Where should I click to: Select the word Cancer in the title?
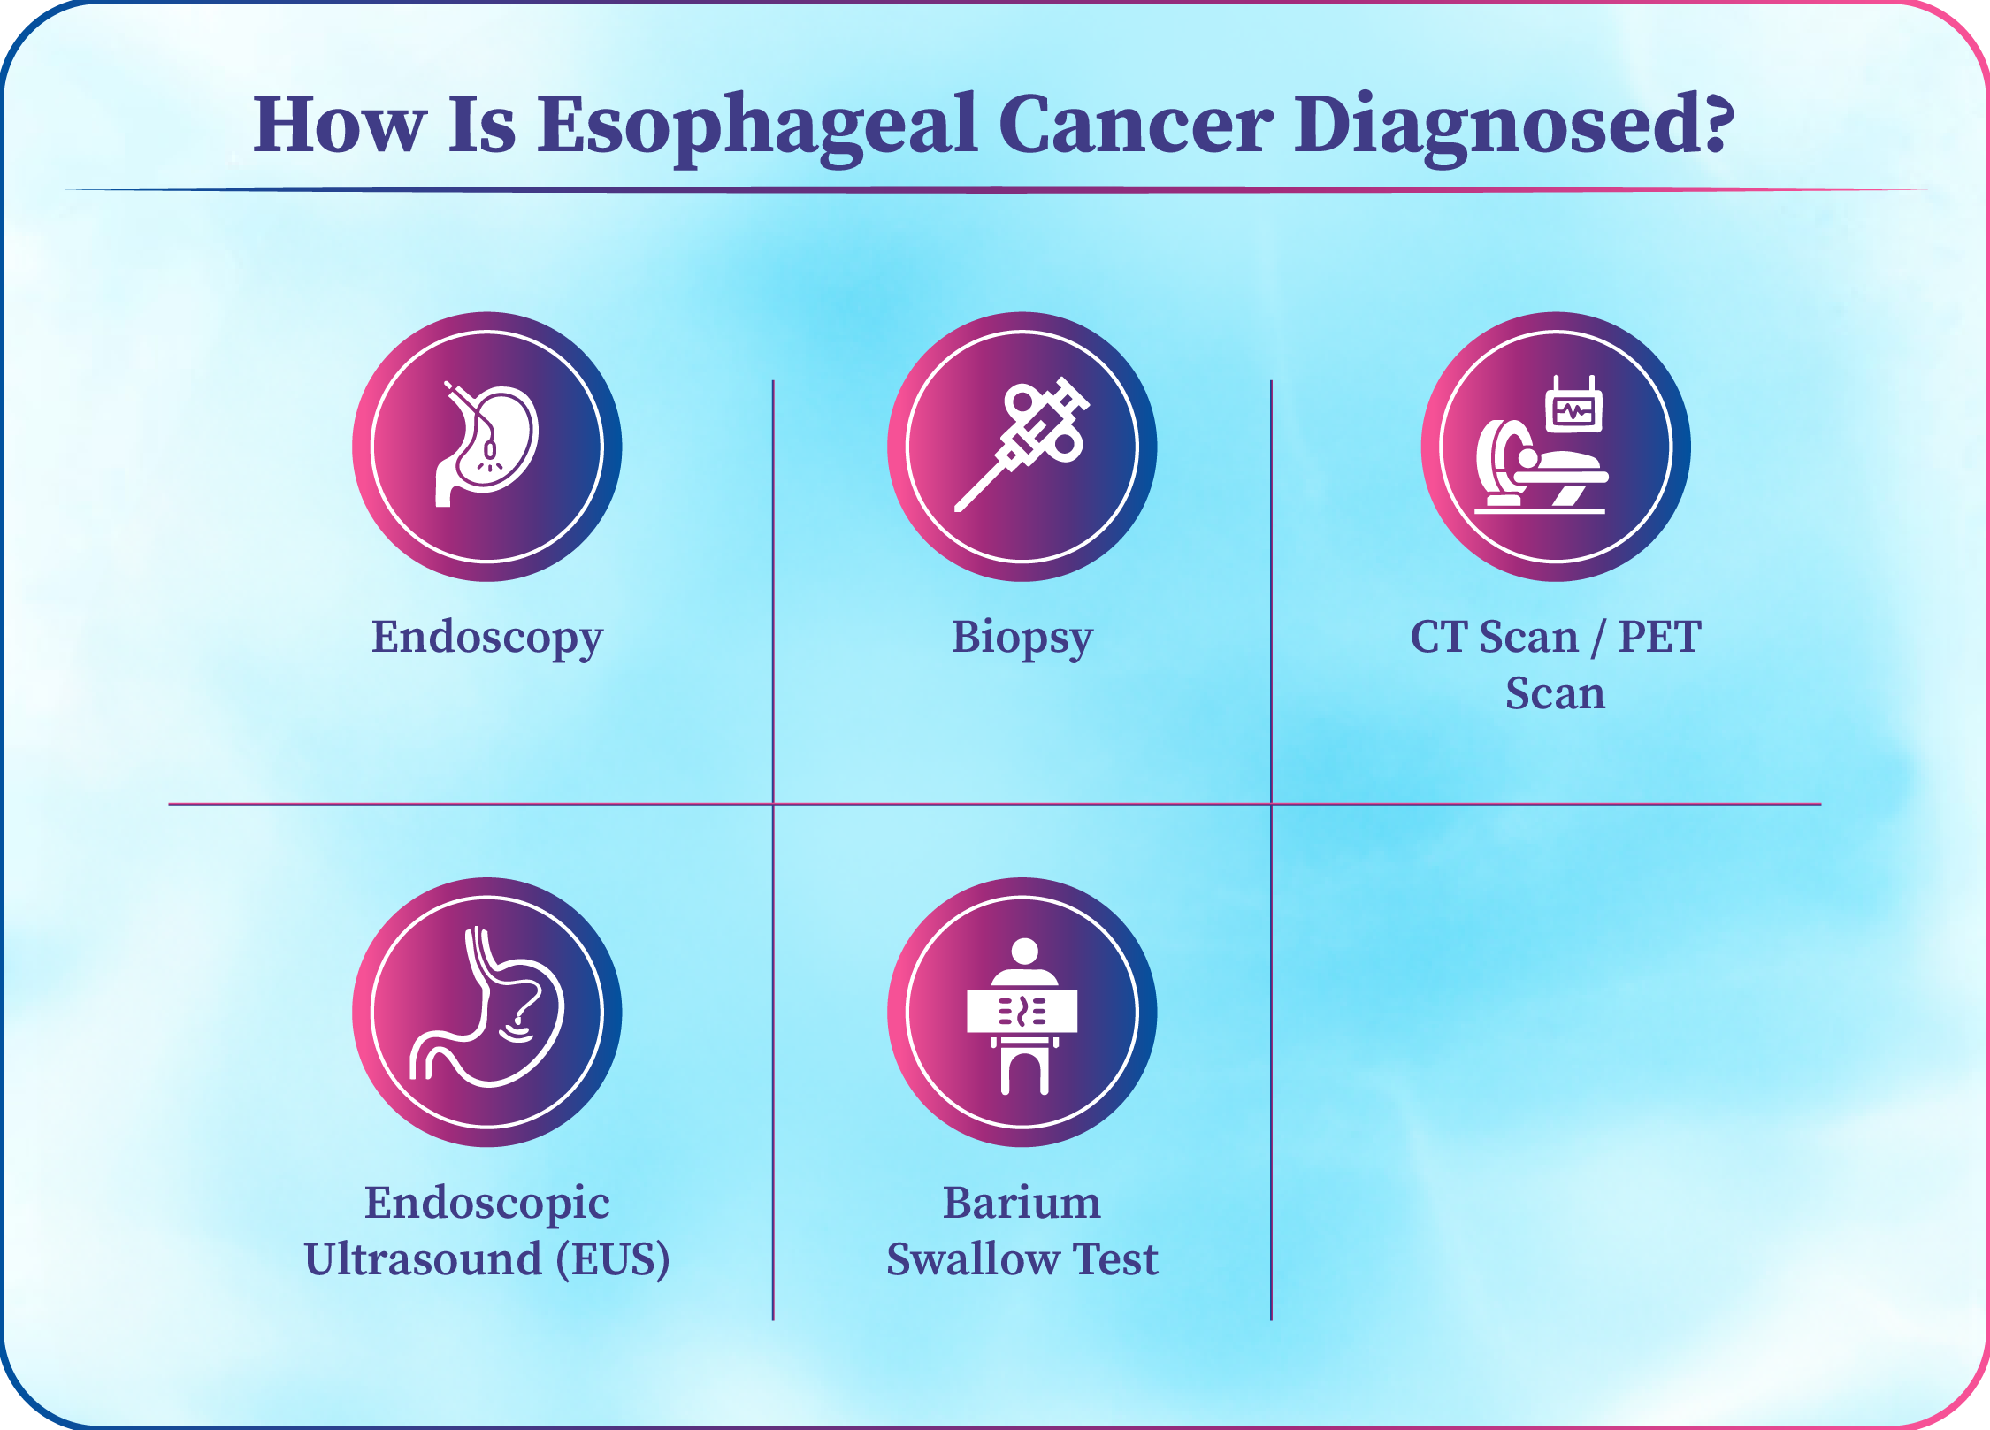(x=1136, y=125)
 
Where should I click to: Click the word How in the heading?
(x=340, y=125)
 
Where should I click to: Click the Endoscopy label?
(x=487, y=639)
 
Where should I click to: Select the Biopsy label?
(x=1022, y=639)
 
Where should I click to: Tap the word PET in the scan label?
(x=1659, y=637)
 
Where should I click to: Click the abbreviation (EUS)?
(x=613, y=1259)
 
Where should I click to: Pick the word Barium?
(x=1022, y=1203)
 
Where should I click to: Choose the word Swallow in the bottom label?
(x=973, y=1259)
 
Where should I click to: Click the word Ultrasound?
(x=424, y=1259)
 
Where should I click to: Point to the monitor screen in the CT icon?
(x=1574, y=411)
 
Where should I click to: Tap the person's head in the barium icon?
(x=1024, y=952)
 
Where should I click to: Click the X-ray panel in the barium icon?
(x=1022, y=1011)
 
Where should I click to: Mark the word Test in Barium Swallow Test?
(x=1116, y=1259)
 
